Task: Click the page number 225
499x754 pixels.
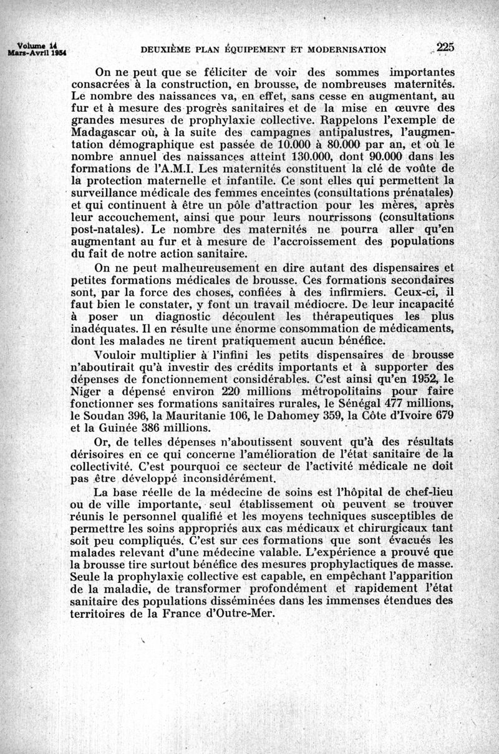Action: [445, 47]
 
